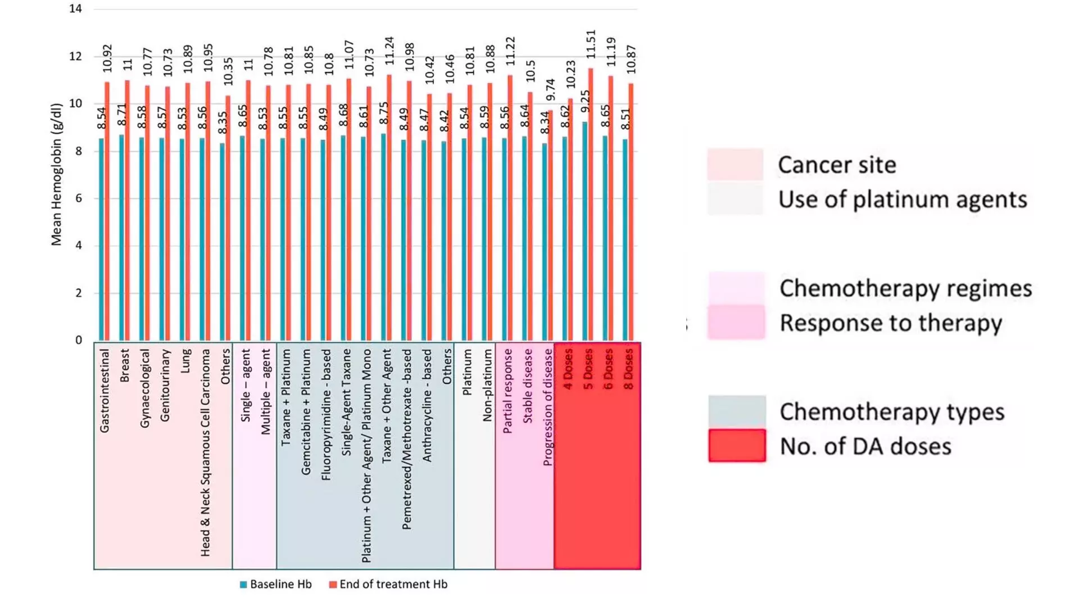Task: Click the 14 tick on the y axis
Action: (76, 9)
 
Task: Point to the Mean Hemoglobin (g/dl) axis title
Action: (56, 174)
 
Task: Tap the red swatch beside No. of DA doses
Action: (737, 446)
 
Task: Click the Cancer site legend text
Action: (837, 165)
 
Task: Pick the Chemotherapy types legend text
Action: (892, 412)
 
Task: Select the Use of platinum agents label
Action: (903, 200)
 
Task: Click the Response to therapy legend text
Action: (891, 323)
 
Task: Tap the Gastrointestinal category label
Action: (105, 391)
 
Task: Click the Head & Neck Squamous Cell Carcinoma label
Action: (206, 452)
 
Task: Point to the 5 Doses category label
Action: (588, 369)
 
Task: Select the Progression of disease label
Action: (548, 407)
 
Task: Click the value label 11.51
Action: (590, 44)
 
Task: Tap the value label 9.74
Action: (550, 90)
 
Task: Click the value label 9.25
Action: (585, 102)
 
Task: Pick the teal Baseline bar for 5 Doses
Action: (585, 231)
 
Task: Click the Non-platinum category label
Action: (487, 385)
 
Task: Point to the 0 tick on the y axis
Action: (79, 340)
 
